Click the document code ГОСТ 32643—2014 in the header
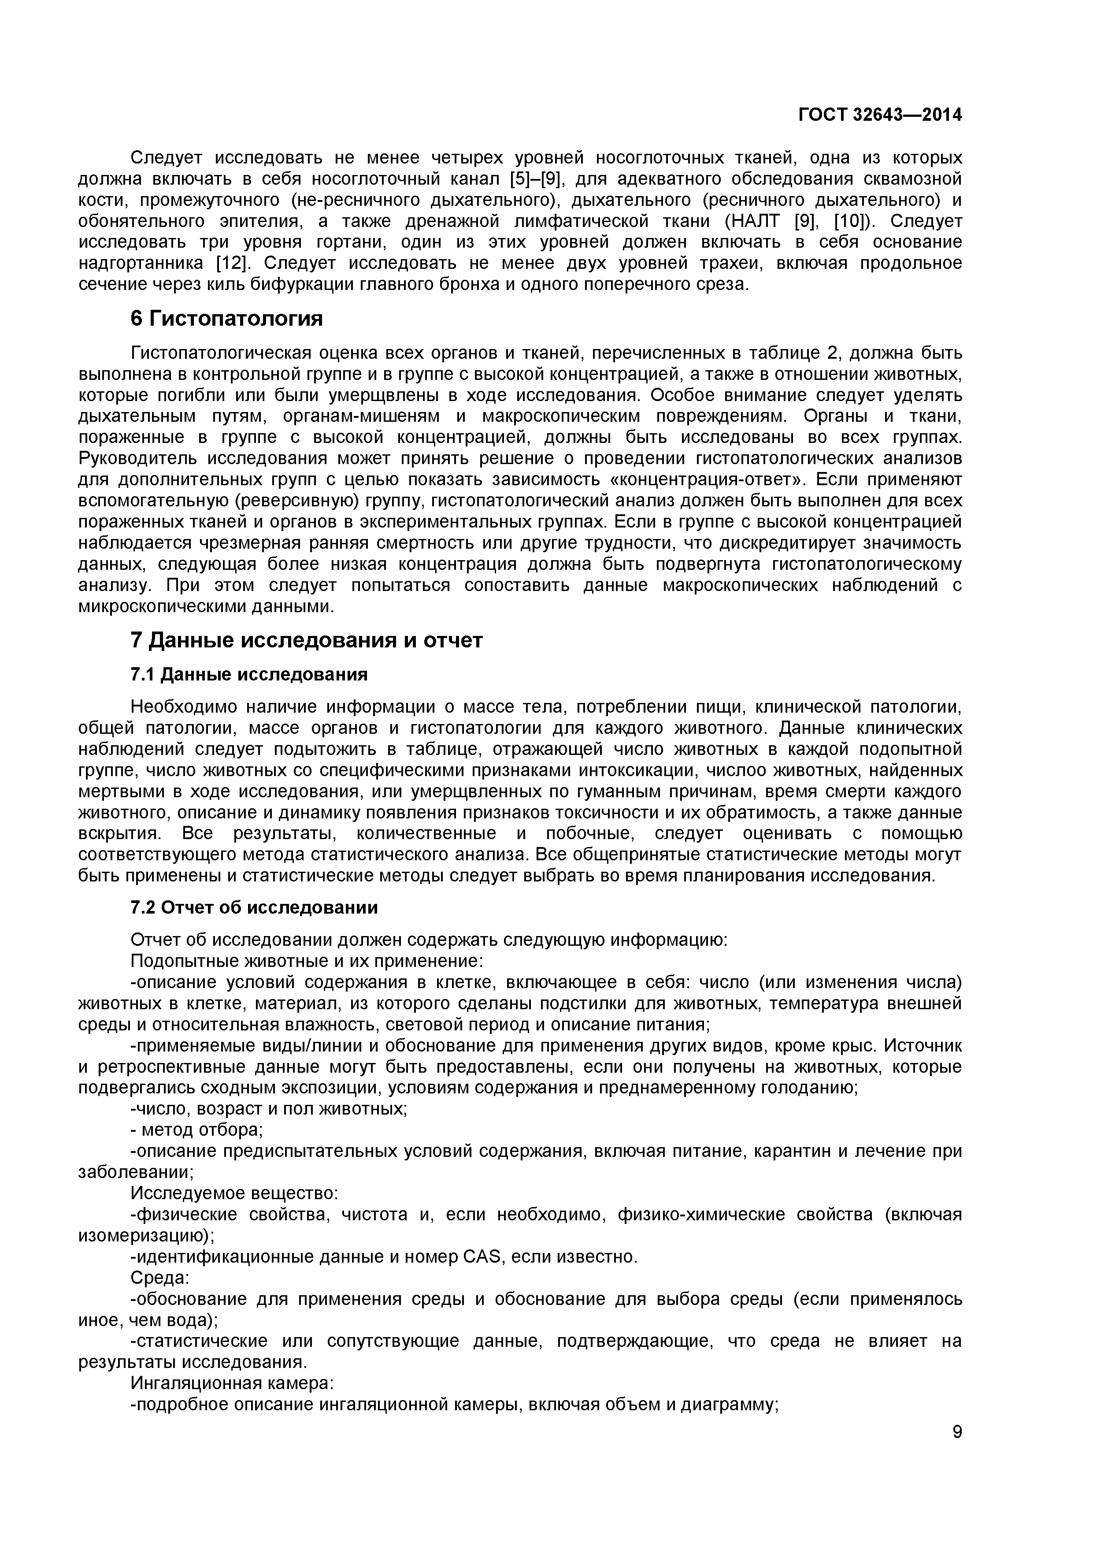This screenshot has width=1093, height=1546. tap(880, 115)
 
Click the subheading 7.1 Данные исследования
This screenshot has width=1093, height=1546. tap(249, 674)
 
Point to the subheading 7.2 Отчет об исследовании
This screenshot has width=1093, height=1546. tap(254, 908)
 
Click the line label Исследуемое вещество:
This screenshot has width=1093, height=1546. tap(233, 1193)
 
